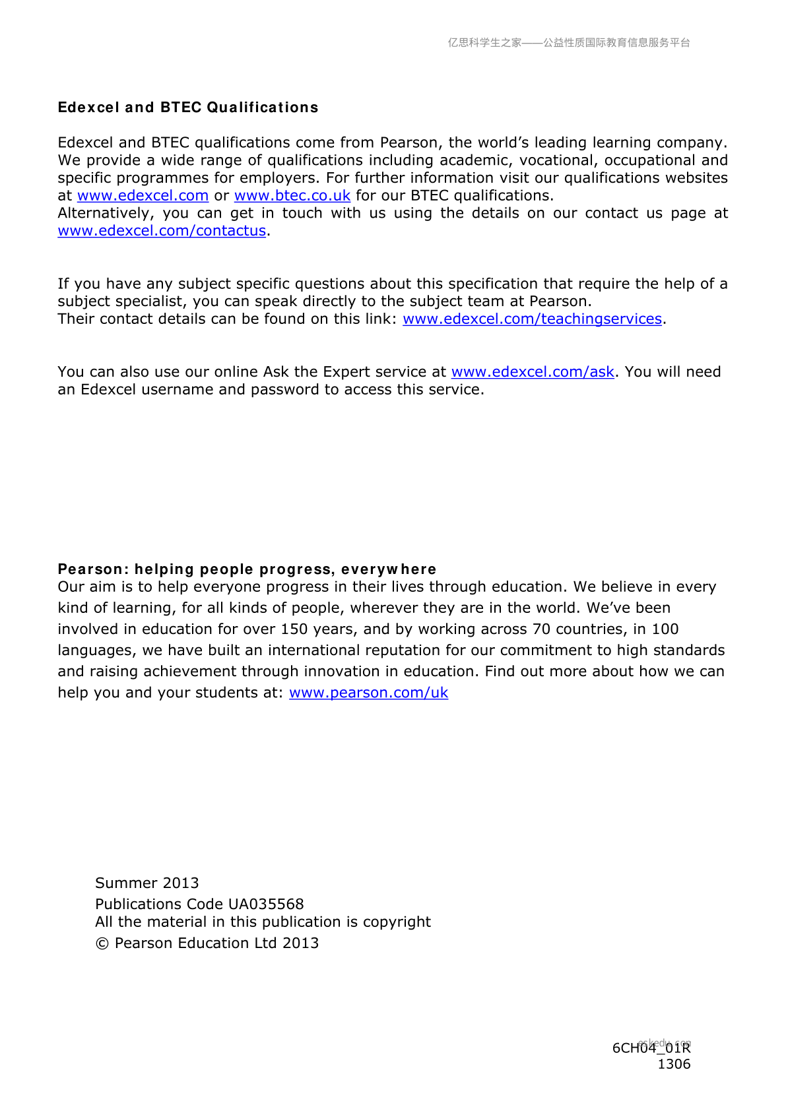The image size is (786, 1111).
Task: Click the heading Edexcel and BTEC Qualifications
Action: [x=188, y=108]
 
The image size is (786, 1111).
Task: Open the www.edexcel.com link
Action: [x=143, y=196]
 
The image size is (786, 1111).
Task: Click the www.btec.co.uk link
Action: [x=292, y=196]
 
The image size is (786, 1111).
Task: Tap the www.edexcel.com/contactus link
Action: [x=162, y=231]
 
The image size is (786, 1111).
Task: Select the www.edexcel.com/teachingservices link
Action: [x=532, y=319]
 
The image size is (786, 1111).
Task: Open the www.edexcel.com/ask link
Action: [x=533, y=372]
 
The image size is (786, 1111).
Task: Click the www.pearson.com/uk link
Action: [x=368, y=693]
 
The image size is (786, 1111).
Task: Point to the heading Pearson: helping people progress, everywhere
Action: [x=247, y=569]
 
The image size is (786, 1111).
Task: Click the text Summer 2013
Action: [x=147, y=883]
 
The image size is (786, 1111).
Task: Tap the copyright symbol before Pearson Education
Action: [x=102, y=943]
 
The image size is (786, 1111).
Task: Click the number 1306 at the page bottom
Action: [x=674, y=1064]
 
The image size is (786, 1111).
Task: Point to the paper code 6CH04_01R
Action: [x=651, y=1048]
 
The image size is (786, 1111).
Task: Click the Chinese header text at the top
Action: [x=569, y=43]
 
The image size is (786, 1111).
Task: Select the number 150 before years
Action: [x=294, y=629]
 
